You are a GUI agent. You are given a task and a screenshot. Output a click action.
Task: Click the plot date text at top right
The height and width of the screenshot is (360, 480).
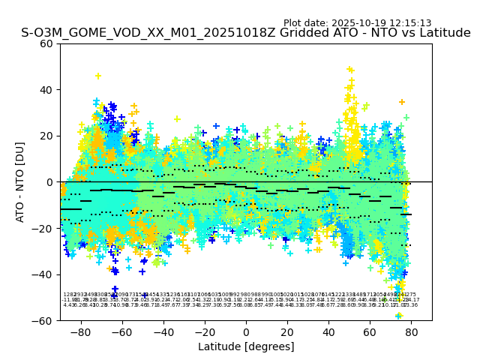[x=357, y=23]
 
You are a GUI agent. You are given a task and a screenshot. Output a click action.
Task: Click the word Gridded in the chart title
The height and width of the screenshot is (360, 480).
[x=286, y=33]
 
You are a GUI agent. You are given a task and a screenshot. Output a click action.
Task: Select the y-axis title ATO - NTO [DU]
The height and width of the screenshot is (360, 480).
[x=20, y=181]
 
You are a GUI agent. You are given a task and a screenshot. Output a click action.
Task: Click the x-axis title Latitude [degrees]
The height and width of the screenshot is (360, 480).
[x=246, y=346]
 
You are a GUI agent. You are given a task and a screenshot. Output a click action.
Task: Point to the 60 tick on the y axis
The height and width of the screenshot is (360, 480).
[x=47, y=43]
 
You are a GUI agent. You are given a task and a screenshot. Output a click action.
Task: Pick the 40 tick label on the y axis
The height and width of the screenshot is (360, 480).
[x=47, y=90]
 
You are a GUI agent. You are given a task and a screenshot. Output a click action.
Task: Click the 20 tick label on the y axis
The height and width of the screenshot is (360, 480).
[x=47, y=136]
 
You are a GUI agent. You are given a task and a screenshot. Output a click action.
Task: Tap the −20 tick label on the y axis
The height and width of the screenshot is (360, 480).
[x=43, y=228]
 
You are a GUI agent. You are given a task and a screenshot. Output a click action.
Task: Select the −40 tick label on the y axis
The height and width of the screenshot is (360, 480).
[x=43, y=274]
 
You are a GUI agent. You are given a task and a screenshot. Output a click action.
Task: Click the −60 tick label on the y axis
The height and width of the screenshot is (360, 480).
[x=43, y=320]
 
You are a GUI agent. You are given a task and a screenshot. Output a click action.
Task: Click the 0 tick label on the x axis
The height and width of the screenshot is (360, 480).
[x=246, y=331]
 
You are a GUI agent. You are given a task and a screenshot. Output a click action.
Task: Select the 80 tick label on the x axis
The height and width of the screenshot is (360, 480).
[x=411, y=331]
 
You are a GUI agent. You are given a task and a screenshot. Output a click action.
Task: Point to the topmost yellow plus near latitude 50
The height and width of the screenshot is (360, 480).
[x=349, y=70]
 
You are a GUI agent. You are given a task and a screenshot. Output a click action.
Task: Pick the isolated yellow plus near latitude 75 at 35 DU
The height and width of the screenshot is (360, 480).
[x=402, y=102]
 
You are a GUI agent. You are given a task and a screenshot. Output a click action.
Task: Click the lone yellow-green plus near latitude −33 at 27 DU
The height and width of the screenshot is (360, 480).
[x=177, y=119]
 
